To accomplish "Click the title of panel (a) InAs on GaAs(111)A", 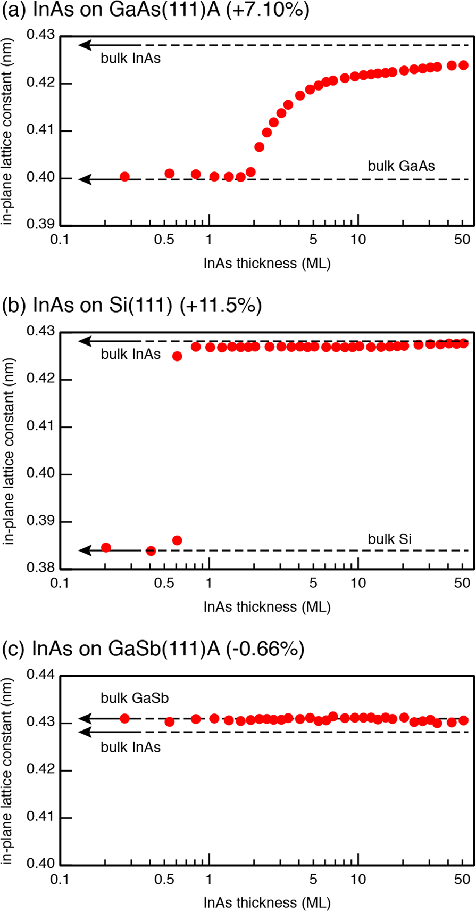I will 155,11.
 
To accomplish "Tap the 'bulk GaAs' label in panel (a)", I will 401,166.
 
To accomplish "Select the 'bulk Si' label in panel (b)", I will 389,539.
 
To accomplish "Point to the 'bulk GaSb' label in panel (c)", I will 135,698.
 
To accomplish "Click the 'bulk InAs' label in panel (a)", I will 130,58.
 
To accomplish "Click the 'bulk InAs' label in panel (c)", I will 130,747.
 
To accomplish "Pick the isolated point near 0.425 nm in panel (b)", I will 177,356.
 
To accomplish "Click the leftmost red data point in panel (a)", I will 124,177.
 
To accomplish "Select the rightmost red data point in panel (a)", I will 463,65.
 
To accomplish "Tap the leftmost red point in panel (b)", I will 106,547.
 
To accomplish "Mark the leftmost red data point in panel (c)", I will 124,718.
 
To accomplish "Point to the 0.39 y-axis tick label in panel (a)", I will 42,225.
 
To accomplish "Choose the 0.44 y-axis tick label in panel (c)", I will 42,676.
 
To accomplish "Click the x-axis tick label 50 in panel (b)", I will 462,583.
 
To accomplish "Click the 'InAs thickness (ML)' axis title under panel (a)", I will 266,263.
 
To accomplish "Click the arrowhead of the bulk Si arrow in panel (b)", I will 83,551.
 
